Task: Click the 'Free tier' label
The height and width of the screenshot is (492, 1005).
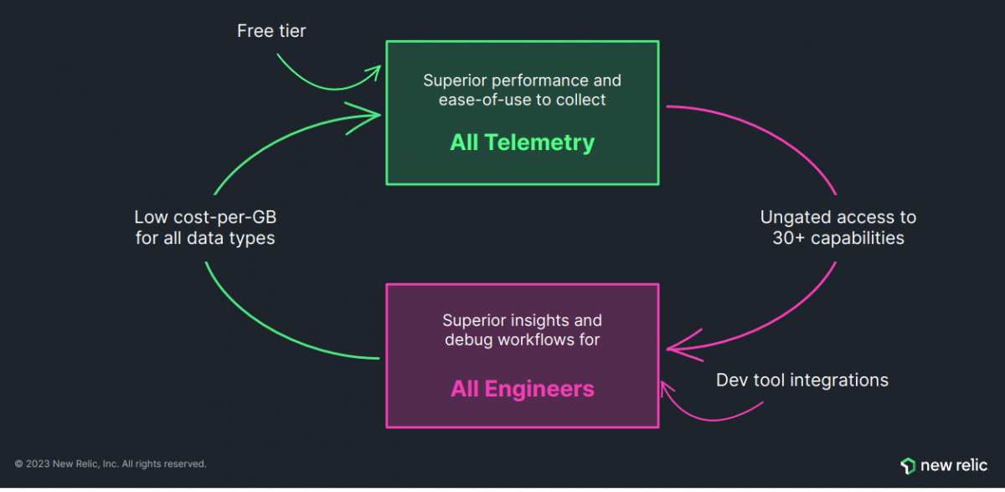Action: coord(271,32)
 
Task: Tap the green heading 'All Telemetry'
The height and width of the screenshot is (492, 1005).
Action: coord(522,142)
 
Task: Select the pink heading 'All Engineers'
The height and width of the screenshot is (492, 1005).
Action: coord(522,389)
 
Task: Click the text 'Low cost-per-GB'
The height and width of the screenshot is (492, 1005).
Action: coord(205,218)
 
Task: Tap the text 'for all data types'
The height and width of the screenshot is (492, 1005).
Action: coord(205,238)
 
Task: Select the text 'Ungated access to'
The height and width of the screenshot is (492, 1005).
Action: coord(837,218)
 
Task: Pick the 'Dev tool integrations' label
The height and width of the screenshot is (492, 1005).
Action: coord(801,381)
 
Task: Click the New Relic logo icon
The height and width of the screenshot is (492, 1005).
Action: coord(907,466)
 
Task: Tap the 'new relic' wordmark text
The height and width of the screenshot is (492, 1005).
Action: coord(954,466)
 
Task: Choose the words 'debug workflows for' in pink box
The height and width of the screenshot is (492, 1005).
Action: coord(522,340)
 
